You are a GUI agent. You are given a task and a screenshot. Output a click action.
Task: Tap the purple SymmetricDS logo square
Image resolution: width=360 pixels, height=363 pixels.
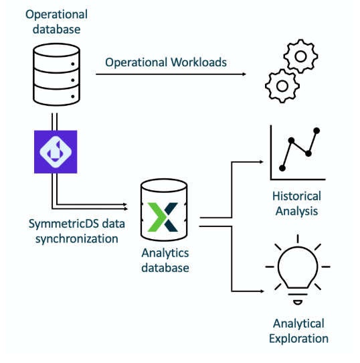[x=56, y=151]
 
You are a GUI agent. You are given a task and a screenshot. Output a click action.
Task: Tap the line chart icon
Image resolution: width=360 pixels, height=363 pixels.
[x=297, y=153]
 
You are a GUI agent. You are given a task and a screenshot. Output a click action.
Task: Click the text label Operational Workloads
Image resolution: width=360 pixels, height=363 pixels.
[x=165, y=62]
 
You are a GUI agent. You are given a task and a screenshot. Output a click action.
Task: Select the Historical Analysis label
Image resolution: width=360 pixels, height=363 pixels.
[x=296, y=204]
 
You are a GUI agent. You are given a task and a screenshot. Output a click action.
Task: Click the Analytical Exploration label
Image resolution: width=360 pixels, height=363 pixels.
[x=298, y=331]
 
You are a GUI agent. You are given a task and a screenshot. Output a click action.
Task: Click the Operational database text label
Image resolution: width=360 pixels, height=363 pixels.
[x=57, y=21]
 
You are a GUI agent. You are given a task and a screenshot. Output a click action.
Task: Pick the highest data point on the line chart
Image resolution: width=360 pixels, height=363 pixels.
[x=317, y=130]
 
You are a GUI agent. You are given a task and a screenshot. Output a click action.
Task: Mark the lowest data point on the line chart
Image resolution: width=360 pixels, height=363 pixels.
[x=282, y=167]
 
